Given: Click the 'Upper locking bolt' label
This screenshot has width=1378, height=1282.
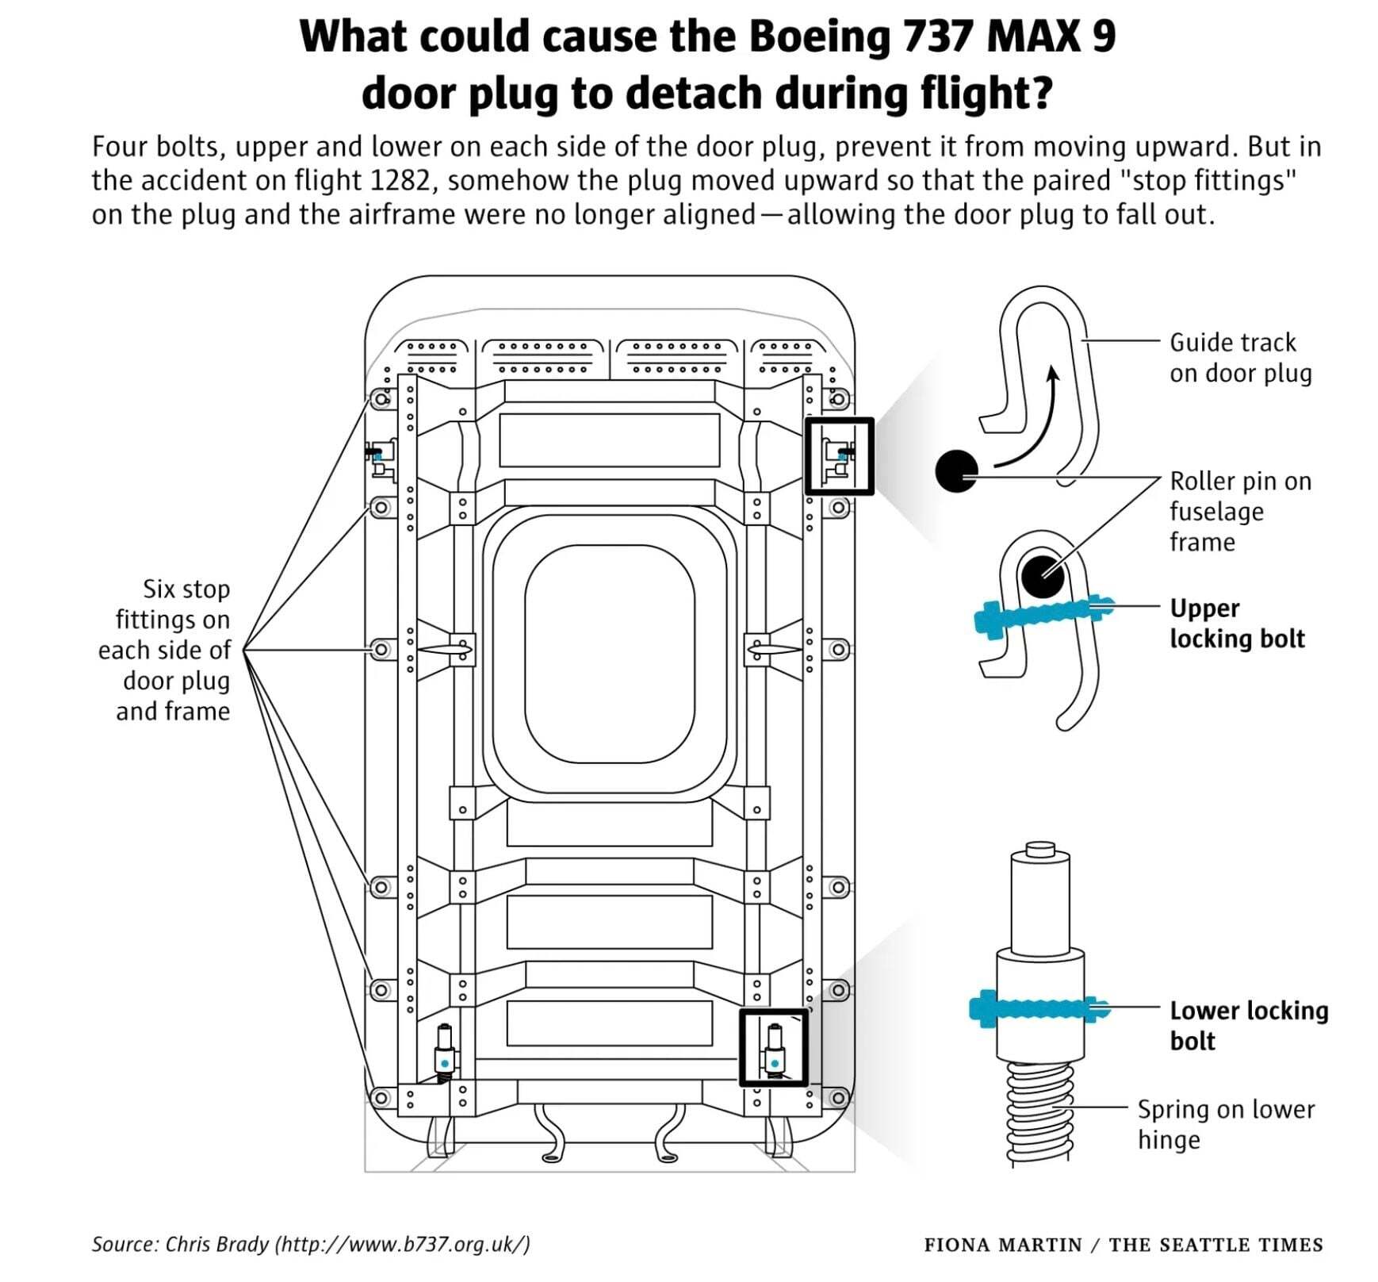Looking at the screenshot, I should pyautogui.click(x=1236, y=624).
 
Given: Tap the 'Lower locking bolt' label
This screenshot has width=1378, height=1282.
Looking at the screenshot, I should pyautogui.click(x=1248, y=1025).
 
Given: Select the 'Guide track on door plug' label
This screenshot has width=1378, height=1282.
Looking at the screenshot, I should pyautogui.click(x=1240, y=358).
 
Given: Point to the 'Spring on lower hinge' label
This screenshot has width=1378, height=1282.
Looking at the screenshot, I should pyautogui.click(x=1225, y=1123).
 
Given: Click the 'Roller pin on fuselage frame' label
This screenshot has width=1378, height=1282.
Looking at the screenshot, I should pyautogui.click(x=1240, y=512).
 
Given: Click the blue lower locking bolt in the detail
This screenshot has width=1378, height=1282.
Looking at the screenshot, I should pyautogui.click(x=1039, y=1009).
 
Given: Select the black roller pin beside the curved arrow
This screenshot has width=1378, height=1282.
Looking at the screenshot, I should pyautogui.click(x=956, y=471).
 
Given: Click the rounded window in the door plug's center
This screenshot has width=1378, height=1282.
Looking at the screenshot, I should pyautogui.click(x=609, y=653).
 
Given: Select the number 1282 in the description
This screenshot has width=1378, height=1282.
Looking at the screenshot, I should pyautogui.click(x=400, y=181).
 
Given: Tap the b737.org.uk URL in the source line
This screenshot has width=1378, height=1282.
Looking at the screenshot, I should pyautogui.click(x=402, y=1243).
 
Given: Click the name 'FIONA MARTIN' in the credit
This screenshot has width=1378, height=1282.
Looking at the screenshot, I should pyautogui.click(x=1002, y=1245).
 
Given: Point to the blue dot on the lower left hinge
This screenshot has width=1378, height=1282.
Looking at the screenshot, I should pyautogui.click(x=445, y=1063).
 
